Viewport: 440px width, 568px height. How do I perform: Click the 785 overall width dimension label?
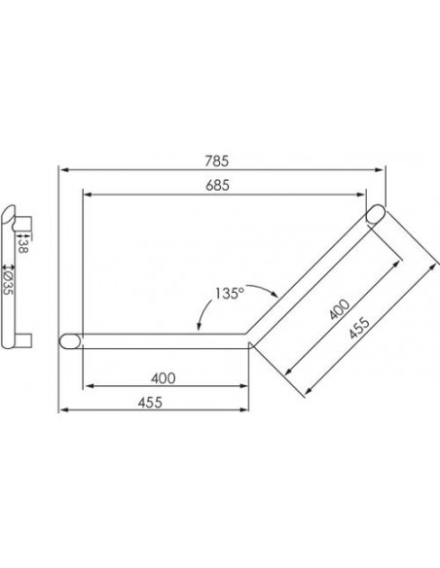pos(217,161)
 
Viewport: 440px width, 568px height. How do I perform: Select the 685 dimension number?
pos(217,186)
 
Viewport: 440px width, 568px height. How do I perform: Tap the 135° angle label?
pos(229,293)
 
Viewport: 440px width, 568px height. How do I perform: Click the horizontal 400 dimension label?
pos(164,378)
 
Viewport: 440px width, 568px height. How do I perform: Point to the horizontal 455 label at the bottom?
pos(150,403)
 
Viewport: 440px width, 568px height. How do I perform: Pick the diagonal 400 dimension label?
pos(340,309)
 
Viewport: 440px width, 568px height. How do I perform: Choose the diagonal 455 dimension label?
pos(359,328)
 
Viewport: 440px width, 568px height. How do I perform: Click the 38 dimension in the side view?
pos(22,246)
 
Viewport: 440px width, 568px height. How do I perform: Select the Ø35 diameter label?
pos(8,281)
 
